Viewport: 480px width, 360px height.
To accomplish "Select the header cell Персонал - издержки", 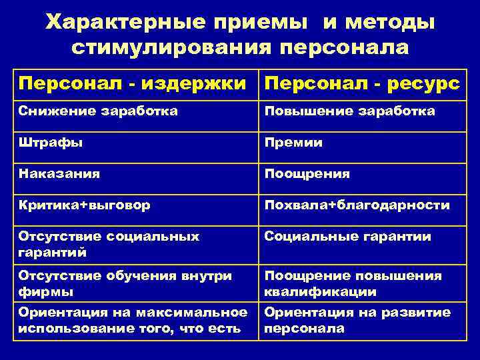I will pos(136,83).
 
